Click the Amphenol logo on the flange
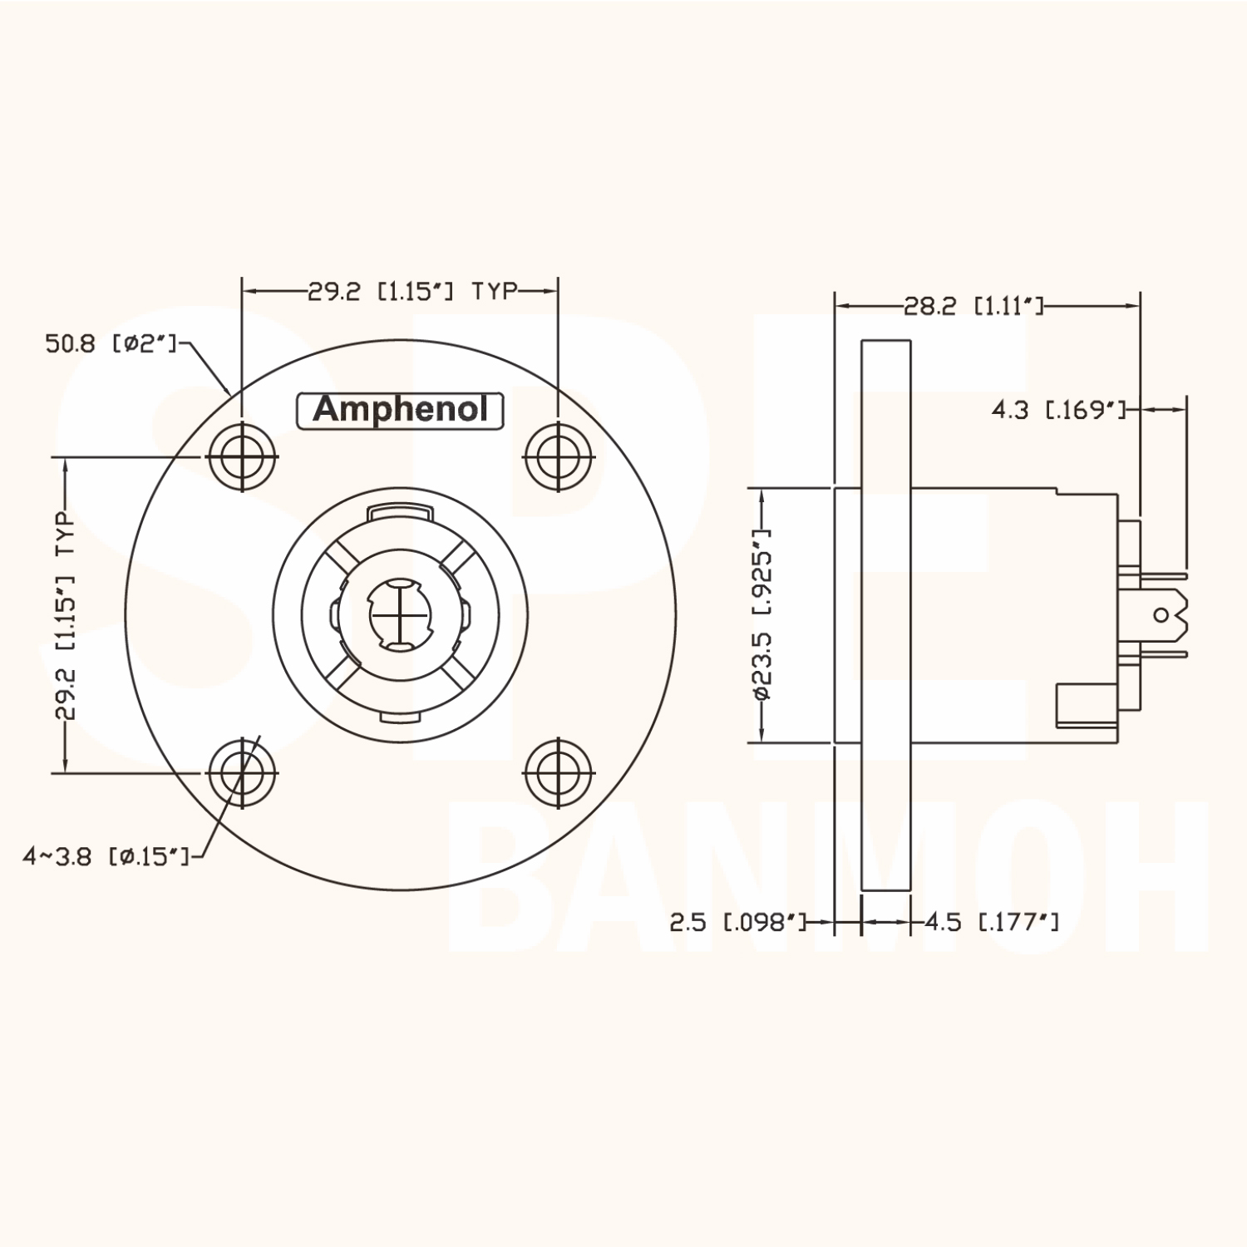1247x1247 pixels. click(x=400, y=410)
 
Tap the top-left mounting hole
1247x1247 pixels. click(x=241, y=456)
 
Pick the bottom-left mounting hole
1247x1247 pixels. click(x=241, y=772)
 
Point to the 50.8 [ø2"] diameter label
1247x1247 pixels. click(x=111, y=343)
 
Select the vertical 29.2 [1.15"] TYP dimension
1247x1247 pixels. click(x=66, y=615)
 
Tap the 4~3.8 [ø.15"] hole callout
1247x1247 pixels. click(x=106, y=857)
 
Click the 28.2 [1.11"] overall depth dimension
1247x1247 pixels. click(x=973, y=307)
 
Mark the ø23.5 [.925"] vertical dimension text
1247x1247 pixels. click(x=764, y=614)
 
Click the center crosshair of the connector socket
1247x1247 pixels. click(x=400, y=614)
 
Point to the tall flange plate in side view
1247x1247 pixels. click(x=886, y=615)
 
